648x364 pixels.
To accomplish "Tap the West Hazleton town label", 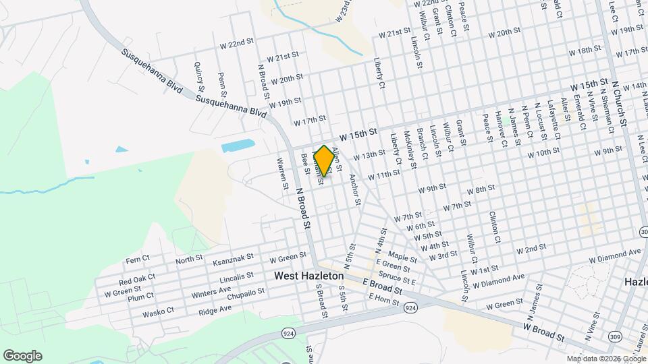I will pyautogui.click(x=309, y=276).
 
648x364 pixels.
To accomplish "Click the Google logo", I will pyautogui.click(x=22, y=355).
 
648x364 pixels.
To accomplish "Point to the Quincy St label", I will pyautogui.click(x=198, y=75).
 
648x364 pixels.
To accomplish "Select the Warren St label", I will pyautogui.click(x=281, y=173).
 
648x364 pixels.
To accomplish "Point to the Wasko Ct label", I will pyautogui.click(x=159, y=313).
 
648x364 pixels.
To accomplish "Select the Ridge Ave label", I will pyautogui.click(x=215, y=310).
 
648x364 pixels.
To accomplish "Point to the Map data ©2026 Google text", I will pyautogui.click(x=605, y=359).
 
